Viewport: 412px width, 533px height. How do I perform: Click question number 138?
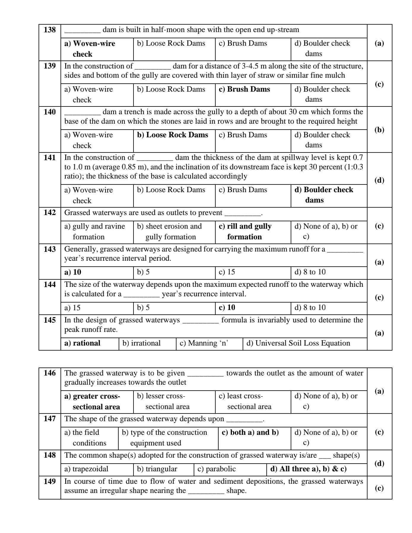[50, 30]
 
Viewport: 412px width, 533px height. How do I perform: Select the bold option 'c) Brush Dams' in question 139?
[244, 89]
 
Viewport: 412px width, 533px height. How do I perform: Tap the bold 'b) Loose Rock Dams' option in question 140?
[172, 135]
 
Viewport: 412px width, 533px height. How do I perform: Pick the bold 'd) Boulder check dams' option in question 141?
[324, 195]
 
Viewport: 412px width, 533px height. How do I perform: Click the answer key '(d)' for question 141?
[379, 180]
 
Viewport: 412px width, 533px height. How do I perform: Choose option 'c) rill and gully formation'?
[245, 231]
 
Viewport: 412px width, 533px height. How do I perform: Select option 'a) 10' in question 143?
[73, 272]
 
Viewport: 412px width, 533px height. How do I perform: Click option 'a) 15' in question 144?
[72, 308]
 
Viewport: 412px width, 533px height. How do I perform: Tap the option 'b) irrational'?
[141, 343]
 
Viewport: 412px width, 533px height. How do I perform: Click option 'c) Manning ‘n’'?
[204, 343]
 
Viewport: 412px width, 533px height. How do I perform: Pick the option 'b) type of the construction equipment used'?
[164, 437]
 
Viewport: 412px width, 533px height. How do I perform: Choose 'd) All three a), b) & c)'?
[308, 469]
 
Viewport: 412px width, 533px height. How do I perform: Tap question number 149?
[50, 481]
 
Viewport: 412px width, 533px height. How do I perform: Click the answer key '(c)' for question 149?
[379, 488]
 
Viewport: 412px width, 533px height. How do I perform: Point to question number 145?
[50, 320]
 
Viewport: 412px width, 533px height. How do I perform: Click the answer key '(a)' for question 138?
[379, 43]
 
